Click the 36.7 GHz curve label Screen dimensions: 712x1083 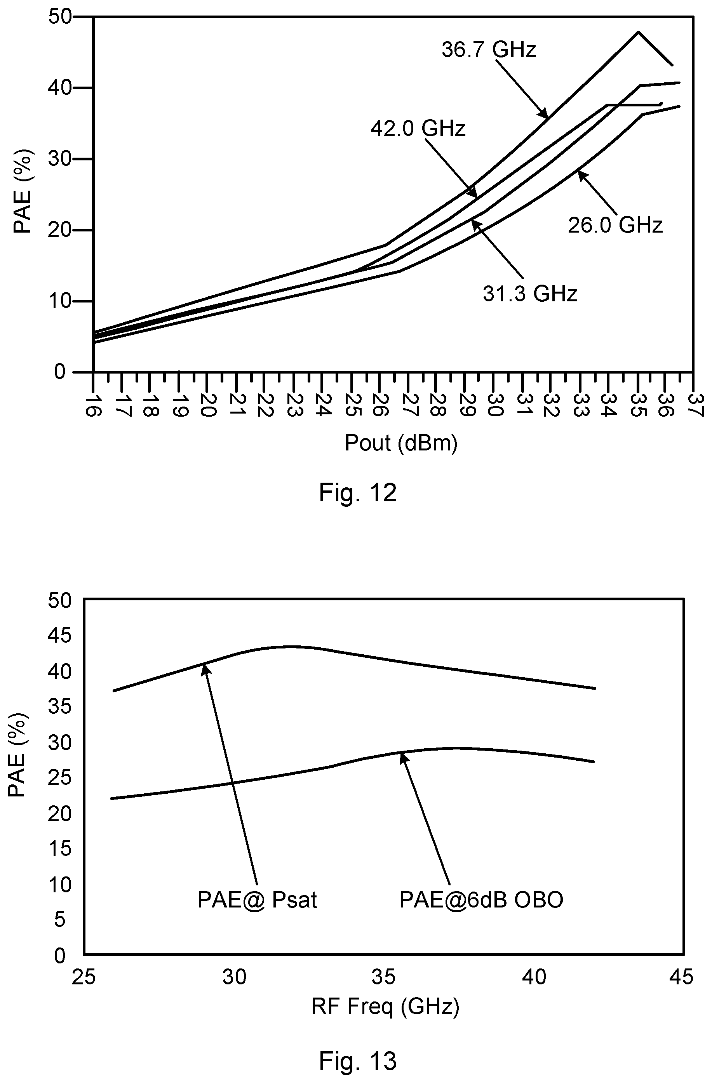click(489, 50)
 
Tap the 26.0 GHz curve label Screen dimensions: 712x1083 click(615, 225)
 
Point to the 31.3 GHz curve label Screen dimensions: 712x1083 click(530, 294)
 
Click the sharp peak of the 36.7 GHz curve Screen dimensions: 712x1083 click(638, 32)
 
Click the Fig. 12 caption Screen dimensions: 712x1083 click(358, 493)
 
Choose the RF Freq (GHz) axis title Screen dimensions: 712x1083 click(385, 1006)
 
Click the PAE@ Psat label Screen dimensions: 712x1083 click(257, 900)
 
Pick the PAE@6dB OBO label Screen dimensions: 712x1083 click(481, 900)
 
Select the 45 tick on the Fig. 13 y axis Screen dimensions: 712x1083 click(60, 636)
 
